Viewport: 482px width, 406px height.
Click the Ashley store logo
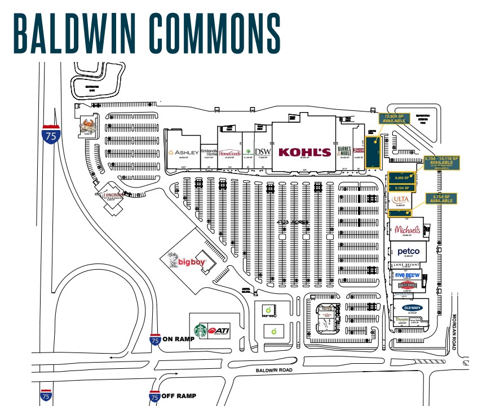[x=184, y=153]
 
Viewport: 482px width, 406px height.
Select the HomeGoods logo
[x=229, y=153]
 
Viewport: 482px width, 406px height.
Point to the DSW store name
[x=263, y=152]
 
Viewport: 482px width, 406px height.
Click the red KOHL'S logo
[x=304, y=152]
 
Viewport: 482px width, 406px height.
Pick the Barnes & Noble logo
[x=344, y=151]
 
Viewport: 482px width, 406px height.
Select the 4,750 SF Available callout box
[x=440, y=198]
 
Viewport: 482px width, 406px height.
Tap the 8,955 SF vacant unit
[x=401, y=177]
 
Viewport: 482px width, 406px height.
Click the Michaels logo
[x=407, y=230]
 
